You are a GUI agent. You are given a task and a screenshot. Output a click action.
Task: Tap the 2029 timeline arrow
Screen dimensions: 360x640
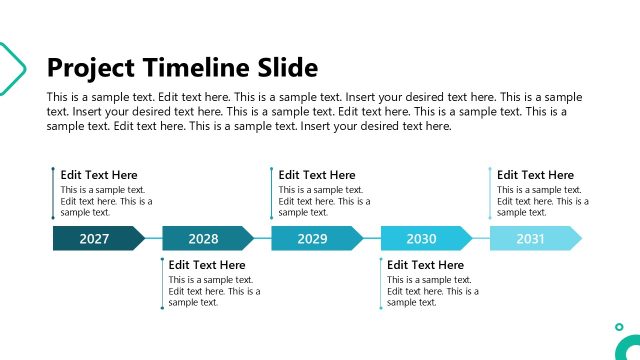[x=314, y=239]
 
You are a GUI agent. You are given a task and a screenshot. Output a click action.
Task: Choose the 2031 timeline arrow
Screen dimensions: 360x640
[x=533, y=239]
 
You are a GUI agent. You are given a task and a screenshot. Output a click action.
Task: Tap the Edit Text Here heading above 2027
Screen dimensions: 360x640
[x=99, y=175]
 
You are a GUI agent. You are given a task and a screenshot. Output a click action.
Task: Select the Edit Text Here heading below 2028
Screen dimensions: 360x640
[x=207, y=265]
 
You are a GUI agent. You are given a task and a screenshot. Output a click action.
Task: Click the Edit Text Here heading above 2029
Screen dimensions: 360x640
[x=317, y=175]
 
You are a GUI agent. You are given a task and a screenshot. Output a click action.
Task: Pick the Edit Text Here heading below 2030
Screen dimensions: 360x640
[x=425, y=265]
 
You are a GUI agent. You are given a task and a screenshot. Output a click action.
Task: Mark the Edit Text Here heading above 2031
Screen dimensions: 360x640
[x=535, y=175]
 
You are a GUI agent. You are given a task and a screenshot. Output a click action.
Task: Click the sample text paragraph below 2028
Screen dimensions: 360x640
[x=214, y=291]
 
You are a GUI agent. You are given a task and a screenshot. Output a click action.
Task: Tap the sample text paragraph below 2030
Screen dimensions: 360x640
[x=432, y=291]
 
